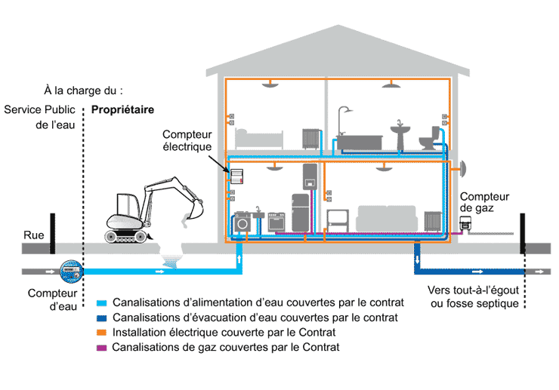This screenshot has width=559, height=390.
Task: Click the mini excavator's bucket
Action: (x=185, y=220)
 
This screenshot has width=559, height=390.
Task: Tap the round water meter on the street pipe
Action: (x=71, y=269)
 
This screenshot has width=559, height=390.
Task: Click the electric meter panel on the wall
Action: (x=238, y=177)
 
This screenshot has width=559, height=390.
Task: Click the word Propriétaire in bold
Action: (x=122, y=109)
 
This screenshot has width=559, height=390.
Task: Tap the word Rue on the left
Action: (x=33, y=235)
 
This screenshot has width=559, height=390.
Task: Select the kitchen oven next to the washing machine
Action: (x=276, y=223)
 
